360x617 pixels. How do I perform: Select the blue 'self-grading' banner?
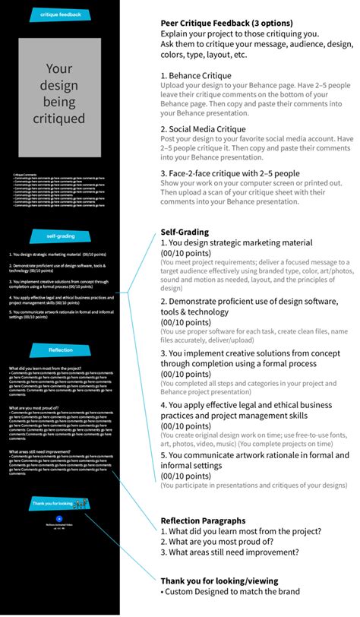61,236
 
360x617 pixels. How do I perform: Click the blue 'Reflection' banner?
61,350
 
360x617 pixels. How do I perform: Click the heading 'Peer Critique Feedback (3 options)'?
226,24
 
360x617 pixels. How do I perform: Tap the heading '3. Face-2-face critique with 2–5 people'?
241,173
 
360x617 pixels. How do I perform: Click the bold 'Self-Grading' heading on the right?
185,232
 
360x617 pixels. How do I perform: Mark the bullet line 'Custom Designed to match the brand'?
231,592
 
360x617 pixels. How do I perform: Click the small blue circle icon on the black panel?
58,527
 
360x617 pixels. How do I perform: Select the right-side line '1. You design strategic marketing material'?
236,242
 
